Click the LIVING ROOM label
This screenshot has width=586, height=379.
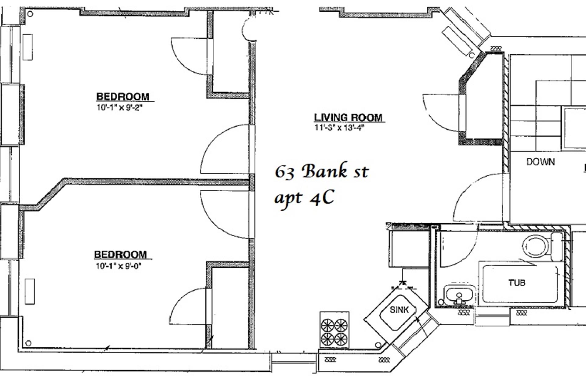click(x=348, y=117)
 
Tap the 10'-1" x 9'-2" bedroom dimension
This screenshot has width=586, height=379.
click(x=120, y=107)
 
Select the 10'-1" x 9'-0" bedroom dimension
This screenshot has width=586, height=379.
click(x=119, y=266)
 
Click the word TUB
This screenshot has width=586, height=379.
click(x=517, y=283)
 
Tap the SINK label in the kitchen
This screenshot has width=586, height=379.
click(x=399, y=310)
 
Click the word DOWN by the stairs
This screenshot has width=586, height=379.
click(x=541, y=162)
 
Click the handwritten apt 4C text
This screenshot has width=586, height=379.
click(x=304, y=198)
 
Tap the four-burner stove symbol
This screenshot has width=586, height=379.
click(x=334, y=330)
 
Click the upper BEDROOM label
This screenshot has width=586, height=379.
click(x=123, y=97)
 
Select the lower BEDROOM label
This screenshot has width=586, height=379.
click(x=120, y=254)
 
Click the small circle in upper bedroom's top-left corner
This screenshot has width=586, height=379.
click(x=30, y=14)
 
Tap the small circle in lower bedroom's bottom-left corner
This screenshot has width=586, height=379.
click(x=28, y=343)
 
